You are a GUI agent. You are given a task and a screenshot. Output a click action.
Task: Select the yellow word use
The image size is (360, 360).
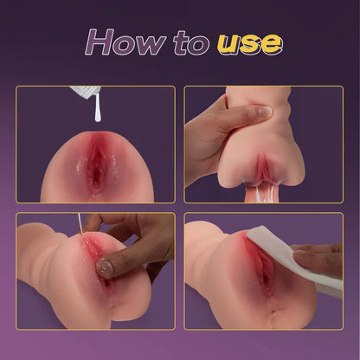coord(248,42)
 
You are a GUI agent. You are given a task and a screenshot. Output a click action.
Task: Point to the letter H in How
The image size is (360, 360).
coord(102,42)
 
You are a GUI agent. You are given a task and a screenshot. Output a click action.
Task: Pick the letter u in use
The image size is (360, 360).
coord(227,43)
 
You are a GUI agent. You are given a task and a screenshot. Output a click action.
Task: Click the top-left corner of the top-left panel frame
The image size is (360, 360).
coord(18,87)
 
